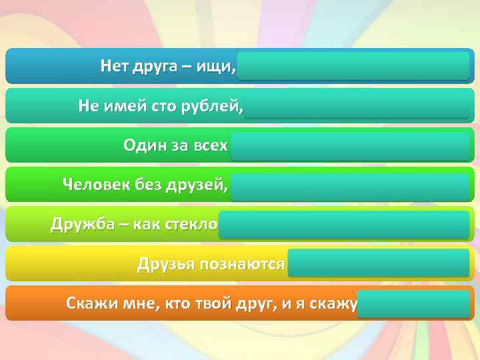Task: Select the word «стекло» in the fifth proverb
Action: tap(193, 223)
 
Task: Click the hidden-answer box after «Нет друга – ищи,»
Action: tap(353, 66)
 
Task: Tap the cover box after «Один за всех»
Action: tap(351, 146)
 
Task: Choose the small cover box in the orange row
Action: tap(413, 303)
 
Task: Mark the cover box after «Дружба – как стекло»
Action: tap(344, 225)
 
